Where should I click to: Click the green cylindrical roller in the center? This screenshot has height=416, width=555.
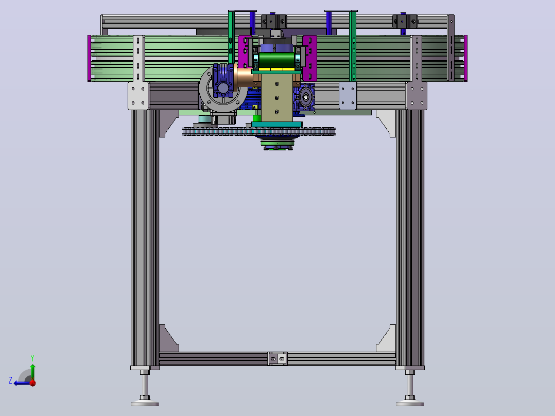click(277, 60)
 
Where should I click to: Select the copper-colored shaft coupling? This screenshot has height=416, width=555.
click(244, 78)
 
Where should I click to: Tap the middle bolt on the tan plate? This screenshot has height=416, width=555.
click(277, 98)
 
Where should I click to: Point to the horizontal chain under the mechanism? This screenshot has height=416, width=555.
click(259, 132)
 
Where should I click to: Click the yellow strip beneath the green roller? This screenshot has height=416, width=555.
click(277, 69)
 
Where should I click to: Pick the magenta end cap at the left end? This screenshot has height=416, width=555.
click(90, 58)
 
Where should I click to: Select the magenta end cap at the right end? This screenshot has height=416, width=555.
click(465, 58)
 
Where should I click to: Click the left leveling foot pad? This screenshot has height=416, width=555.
click(145, 403)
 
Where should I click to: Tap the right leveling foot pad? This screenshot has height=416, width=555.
click(410, 403)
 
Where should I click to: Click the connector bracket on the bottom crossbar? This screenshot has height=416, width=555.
click(277, 359)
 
